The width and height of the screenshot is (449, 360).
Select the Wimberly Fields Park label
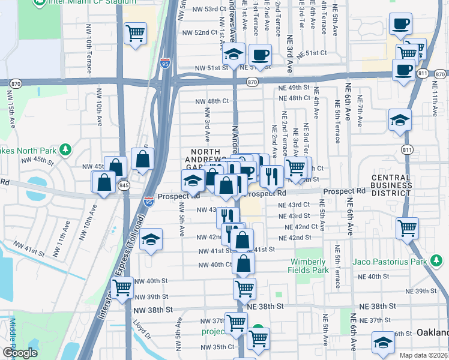click(x=309, y=266)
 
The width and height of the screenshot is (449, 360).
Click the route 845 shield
click(x=124, y=186)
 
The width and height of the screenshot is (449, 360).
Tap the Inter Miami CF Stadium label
click(x=79, y=2)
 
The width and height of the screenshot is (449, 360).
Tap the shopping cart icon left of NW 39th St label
click(x=122, y=287)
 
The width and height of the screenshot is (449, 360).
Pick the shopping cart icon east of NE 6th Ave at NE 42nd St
click(x=408, y=228)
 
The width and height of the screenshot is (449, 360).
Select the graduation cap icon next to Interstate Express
click(x=151, y=239)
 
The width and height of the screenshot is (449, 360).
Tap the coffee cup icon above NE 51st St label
click(x=260, y=55)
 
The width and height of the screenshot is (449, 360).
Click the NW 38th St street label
click(x=156, y=310)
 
